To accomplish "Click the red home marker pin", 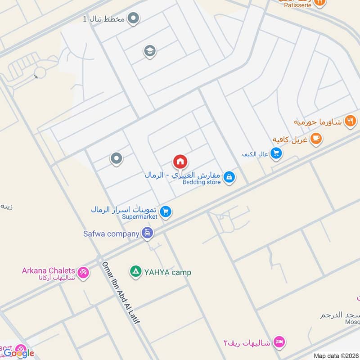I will [x=180, y=162].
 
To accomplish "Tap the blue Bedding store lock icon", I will [x=229, y=178].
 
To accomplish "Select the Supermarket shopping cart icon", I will [x=166, y=211].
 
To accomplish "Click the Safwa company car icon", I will [x=147, y=233].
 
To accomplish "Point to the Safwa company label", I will [x=111, y=234].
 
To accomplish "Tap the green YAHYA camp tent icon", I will [x=135, y=271].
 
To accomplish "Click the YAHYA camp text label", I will [x=167, y=272].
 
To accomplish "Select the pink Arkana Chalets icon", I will [x=83, y=272].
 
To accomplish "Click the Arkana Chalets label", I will [x=49, y=270].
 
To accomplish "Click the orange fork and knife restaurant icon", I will [x=350, y=121].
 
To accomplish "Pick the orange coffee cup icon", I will [x=316, y=139].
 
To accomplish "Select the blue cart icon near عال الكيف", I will [x=276, y=154].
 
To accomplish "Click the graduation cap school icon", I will [x=150, y=51].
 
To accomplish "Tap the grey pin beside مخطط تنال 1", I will [x=133, y=18].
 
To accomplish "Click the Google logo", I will [x=19, y=353].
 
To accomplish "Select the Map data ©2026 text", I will [x=335, y=356].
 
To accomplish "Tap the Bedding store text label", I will [x=202, y=182].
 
